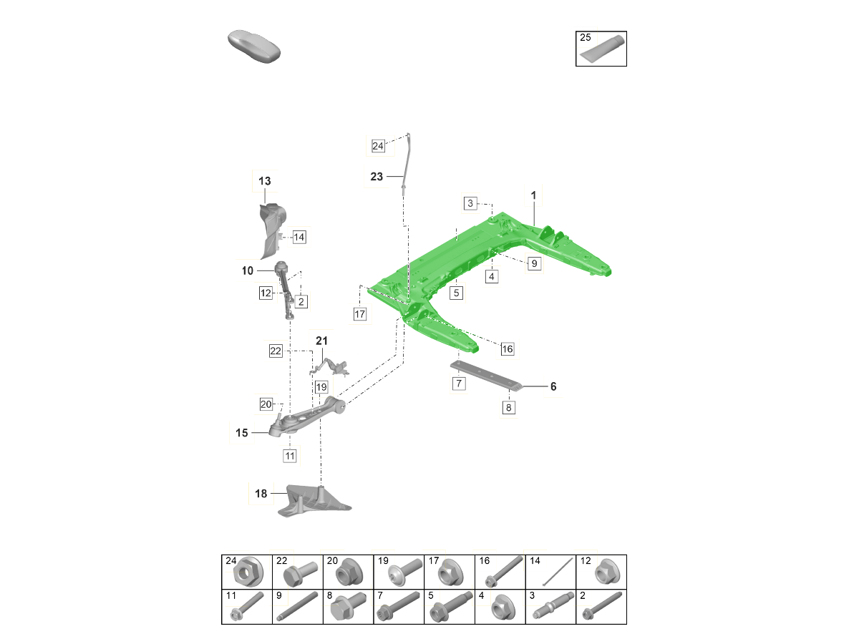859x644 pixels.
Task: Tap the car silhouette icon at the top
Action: [x=254, y=46]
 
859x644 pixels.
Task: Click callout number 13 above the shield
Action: [x=265, y=181]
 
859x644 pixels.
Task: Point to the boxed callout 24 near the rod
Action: [x=378, y=146]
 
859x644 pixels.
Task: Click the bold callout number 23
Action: [x=377, y=176]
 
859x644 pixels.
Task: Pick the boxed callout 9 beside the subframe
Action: [x=534, y=263]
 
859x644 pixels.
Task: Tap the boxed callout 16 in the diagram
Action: [x=508, y=348]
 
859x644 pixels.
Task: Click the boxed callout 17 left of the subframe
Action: [x=359, y=314]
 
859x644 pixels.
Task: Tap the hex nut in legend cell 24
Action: [x=248, y=571]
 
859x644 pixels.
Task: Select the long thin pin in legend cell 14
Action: [x=557, y=572]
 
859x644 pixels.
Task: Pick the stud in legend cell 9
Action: [x=297, y=606]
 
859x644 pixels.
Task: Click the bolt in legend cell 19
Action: [x=405, y=572]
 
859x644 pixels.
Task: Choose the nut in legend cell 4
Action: [x=503, y=608]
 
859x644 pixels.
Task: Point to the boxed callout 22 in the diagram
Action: [x=276, y=351]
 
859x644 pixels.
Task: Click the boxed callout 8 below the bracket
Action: [x=508, y=407]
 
